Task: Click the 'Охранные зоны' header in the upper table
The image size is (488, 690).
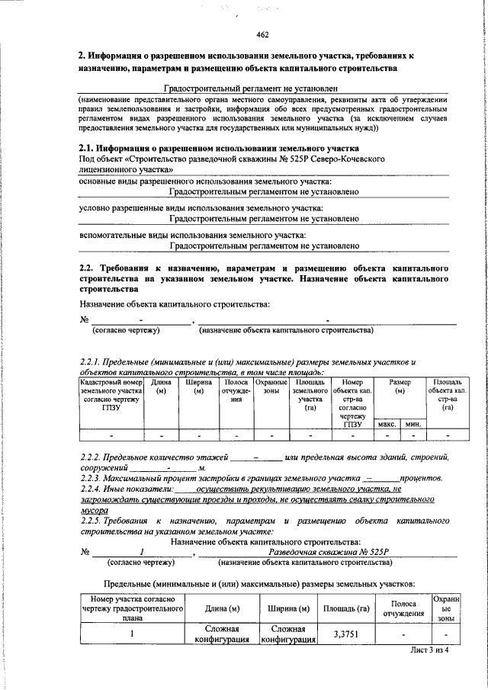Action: click(271, 387)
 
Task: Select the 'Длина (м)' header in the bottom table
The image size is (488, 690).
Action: click(223, 608)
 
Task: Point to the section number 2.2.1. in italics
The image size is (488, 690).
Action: click(93, 361)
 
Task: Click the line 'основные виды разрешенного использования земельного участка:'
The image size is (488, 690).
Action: click(206, 181)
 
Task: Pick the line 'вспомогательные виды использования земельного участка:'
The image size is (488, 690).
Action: click(194, 236)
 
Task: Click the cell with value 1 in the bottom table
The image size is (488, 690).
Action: click(132, 634)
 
